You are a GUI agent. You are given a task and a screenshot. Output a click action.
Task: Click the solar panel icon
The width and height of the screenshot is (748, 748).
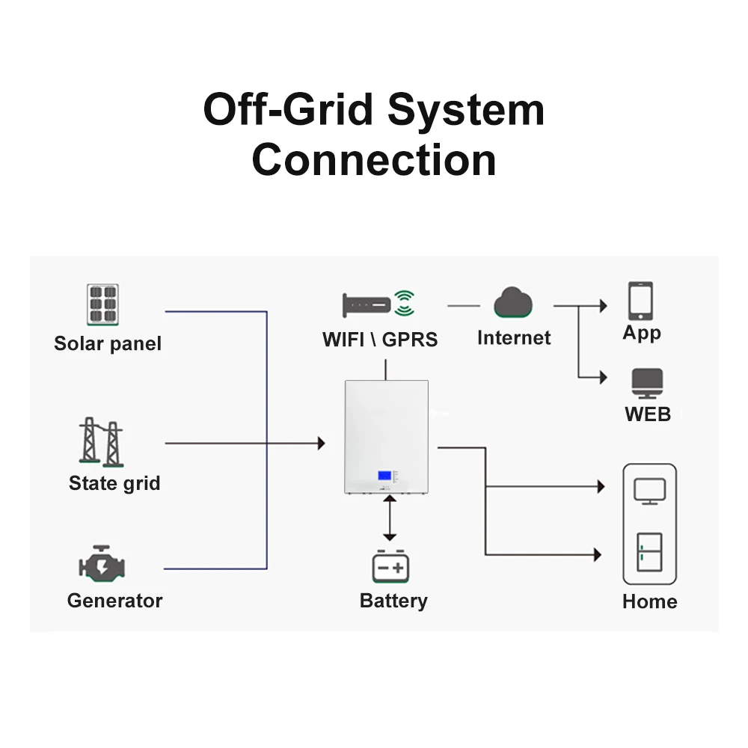(x=102, y=304)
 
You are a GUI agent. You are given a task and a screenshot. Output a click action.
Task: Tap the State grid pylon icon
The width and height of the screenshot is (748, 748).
(x=101, y=442)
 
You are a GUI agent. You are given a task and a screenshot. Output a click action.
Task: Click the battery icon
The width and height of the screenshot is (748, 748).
(x=390, y=567)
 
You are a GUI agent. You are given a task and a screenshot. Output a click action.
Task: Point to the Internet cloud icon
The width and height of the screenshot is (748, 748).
(x=513, y=303)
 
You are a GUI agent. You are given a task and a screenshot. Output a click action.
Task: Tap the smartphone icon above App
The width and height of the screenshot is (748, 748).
(x=640, y=301)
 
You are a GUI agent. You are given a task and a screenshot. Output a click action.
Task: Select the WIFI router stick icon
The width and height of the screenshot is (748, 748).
(x=367, y=304)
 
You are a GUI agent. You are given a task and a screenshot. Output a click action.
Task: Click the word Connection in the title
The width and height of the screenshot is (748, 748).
(x=374, y=160)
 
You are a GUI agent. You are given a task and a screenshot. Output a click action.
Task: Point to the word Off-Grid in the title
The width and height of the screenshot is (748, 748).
(x=288, y=110)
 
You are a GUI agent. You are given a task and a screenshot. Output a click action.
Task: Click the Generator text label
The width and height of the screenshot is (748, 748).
(x=114, y=601)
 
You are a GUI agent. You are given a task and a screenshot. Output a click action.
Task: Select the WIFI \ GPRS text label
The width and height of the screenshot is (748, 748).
(x=380, y=339)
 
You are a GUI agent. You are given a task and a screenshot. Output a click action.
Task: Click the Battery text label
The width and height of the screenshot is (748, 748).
(x=393, y=601)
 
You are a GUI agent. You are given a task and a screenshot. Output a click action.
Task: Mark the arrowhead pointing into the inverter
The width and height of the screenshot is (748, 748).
(x=321, y=444)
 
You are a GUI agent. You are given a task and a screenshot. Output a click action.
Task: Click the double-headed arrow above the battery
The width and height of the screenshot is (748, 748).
(x=389, y=518)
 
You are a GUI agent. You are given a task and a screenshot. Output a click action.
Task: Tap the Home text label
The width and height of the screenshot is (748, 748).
(x=649, y=601)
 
